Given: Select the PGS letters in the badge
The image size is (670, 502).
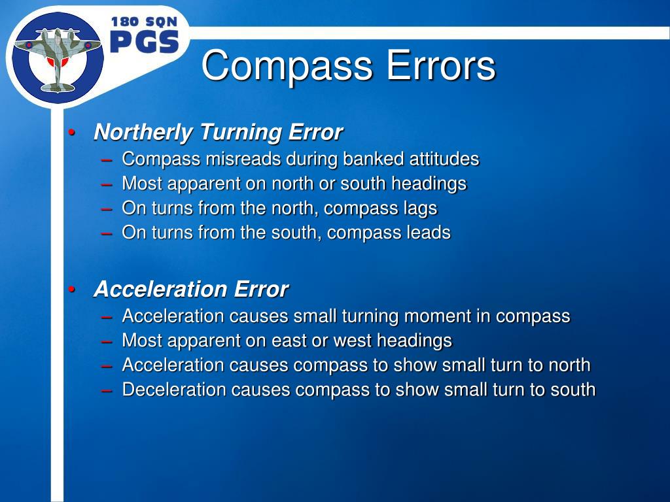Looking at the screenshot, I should coord(144,42).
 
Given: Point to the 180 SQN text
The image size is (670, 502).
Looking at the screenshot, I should coord(144,22).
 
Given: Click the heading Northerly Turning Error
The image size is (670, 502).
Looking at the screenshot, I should coord(218,132).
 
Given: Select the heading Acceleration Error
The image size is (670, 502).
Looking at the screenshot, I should coord(191,289).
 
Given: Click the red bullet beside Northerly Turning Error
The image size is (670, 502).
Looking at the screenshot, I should coord(73,133).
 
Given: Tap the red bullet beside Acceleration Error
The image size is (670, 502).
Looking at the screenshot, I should coord(73,290).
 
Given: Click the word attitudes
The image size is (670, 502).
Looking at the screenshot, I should coord(444,159).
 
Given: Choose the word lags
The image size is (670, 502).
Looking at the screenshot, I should coord(421,209).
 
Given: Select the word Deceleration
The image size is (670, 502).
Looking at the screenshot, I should coord(173,390).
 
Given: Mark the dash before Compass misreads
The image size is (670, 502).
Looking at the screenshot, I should coord(107,159).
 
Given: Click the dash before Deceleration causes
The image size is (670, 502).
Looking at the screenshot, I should coord(107,390).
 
